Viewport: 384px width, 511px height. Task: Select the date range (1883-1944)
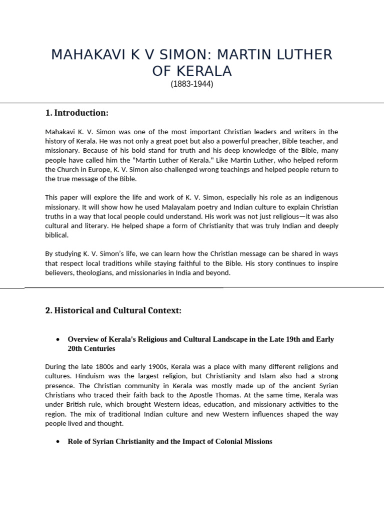pyautogui.click(x=192, y=84)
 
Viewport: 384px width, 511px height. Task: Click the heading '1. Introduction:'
pyautogui.click(x=76, y=113)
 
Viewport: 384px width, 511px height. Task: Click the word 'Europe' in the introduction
pyautogui.click(x=118, y=170)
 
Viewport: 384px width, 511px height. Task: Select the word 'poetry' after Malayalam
pyautogui.click(x=214, y=208)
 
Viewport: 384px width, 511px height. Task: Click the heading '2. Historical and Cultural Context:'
pyautogui.click(x=113, y=311)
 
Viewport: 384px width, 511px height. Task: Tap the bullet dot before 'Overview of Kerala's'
pyautogui.click(x=58, y=340)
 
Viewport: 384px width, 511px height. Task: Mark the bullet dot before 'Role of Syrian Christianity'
pyautogui.click(x=58, y=442)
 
